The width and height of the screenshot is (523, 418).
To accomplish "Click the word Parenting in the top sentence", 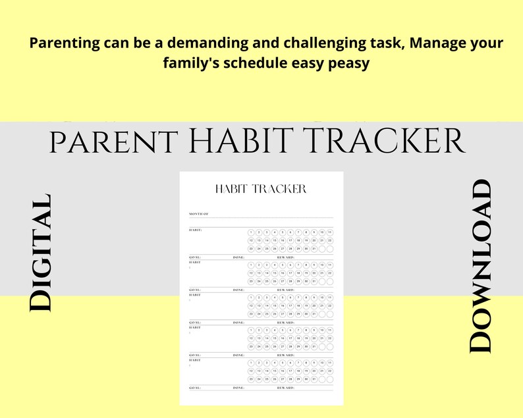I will [x=62, y=43].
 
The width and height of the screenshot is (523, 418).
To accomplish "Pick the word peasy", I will [x=346, y=64].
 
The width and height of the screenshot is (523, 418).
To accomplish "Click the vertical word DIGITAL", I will [x=40, y=253].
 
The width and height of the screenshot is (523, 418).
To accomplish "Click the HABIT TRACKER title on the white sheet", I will [x=261, y=189].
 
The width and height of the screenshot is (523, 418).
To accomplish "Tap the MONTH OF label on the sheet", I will [x=198, y=215].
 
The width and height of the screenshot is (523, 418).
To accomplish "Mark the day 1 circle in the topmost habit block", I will [x=251, y=232].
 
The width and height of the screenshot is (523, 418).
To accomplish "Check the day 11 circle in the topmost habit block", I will [x=330, y=232].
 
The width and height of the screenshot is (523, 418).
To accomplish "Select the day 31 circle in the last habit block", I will [x=314, y=379].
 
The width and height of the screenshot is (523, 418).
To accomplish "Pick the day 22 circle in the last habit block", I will [x=330, y=371].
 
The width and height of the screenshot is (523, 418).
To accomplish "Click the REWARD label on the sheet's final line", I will [x=285, y=388].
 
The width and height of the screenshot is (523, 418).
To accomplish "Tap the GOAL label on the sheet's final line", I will [x=195, y=388].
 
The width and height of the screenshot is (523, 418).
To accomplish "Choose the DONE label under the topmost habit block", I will [x=238, y=257].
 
